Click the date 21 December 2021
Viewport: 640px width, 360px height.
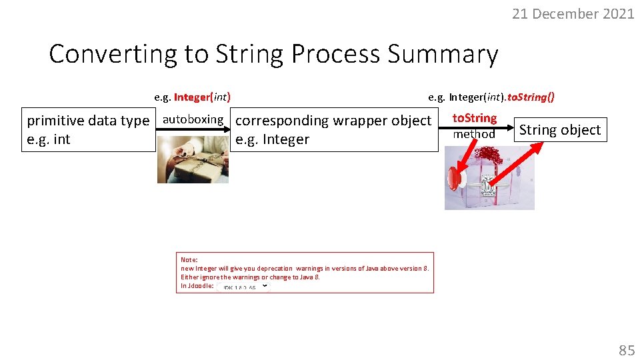[x=573, y=13]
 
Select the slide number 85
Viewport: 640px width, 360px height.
[x=626, y=350]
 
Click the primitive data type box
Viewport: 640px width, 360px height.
[x=88, y=129]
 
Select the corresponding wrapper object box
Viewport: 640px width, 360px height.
[x=334, y=129]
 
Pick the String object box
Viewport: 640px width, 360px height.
[x=560, y=130]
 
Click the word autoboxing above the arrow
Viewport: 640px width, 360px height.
[x=193, y=119]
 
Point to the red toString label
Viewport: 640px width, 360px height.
[x=475, y=118]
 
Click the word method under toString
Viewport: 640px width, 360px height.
[x=475, y=134]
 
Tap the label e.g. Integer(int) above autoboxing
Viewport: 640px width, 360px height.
[x=193, y=97]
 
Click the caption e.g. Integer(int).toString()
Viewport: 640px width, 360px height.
[x=491, y=97]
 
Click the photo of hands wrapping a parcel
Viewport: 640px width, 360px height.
[x=193, y=159]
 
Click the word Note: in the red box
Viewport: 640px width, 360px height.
[x=189, y=259]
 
